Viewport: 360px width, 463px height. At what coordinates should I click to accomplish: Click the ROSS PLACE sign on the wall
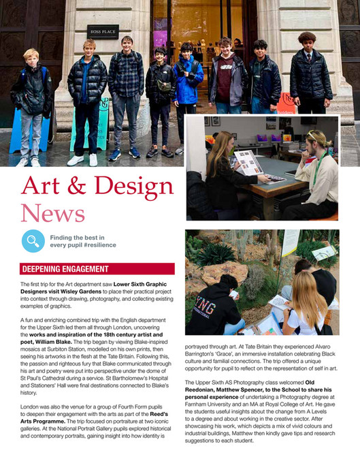[x=103, y=31]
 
